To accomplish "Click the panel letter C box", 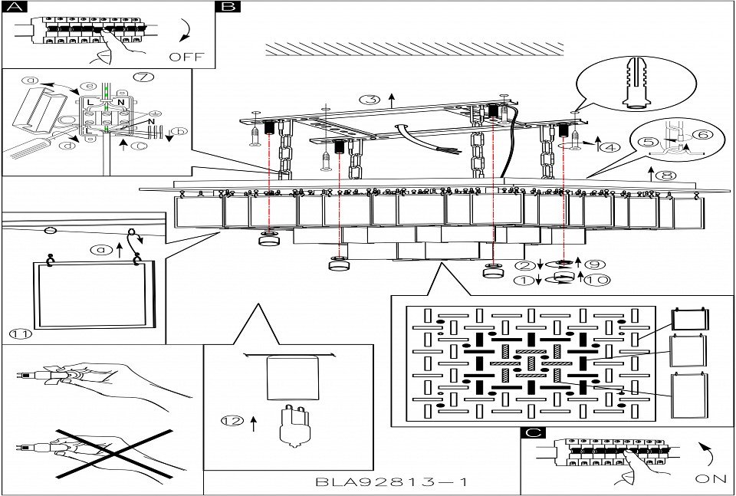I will tap(532, 433).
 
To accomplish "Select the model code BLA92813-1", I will tap(391, 483).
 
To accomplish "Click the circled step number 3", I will tap(370, 100).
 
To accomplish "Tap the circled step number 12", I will tap(232, 420).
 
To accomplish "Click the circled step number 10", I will tap(595, 281).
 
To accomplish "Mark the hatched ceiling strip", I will tap(414, 49).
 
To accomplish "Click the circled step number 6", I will tap(701, 135).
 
